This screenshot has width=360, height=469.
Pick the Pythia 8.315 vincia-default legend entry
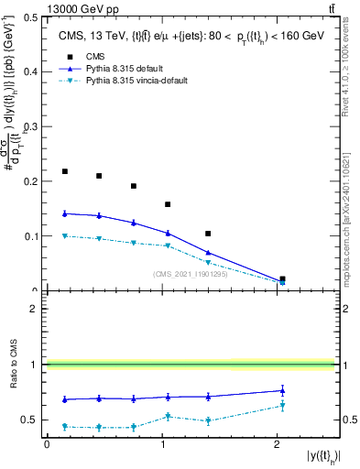(x=110, y=80)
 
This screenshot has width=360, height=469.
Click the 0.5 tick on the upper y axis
(x=32, y=17)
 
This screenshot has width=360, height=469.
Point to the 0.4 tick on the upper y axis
(x=32, y=71)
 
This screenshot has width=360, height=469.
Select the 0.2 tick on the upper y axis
(x=32, y=181)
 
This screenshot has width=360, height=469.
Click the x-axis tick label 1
(x=161, y=444)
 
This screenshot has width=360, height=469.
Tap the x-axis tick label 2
(x=277, y=444)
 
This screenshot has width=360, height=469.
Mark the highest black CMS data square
(x=65, y=171)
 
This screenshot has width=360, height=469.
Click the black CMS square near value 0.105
(x=208, y=234)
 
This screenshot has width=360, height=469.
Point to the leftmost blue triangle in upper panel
(x=65, y=213)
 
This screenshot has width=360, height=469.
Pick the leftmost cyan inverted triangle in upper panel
(x=65, y=236)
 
